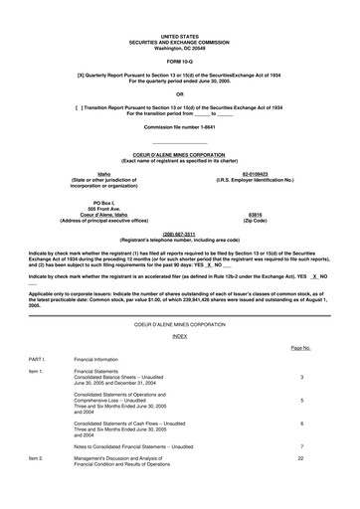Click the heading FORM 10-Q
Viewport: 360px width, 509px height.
click(180, 59)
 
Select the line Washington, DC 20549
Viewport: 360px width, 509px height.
click(180, 47)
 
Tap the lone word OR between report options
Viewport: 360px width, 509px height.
click(180, 95)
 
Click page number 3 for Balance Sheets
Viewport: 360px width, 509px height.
click(301, 378)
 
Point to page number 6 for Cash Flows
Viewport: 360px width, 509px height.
click(301, 424)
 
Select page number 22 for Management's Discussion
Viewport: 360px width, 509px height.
click(300, 459)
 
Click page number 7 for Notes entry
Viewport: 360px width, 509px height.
click(301, 446)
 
